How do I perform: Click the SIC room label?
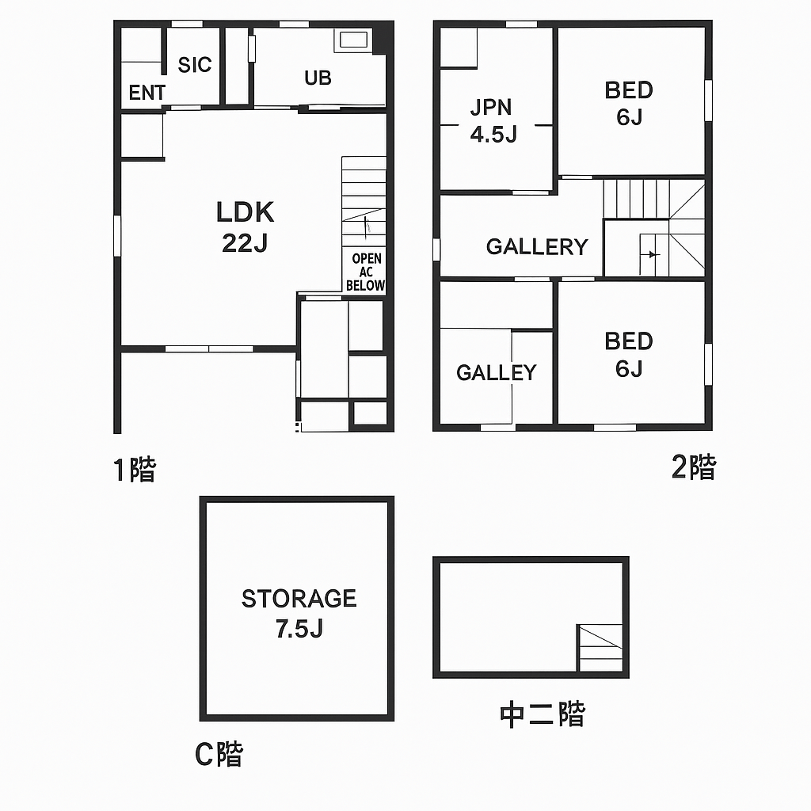[x=195, y=65]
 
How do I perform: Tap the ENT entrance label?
[x=147, y=93]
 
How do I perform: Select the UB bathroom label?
[x=318, y=78]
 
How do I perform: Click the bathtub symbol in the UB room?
[x=352, y=40]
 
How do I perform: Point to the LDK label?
[x=245, y=212]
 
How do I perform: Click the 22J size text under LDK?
[x=245, y=242]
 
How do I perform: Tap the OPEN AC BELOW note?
[x=366, y=272]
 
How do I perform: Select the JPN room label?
[x=491, y=107]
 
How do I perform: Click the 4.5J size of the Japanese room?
[x=493, y=134]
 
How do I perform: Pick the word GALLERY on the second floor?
[x=537, y=247]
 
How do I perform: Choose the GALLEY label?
[x=497, y=372]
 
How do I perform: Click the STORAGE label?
[x=299, y=599]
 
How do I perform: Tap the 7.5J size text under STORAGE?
[x=299, y=629]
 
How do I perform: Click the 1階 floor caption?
[x=135, y=470]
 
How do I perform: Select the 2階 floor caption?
[x=694, y=466]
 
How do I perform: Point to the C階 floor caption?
[x=219, y=754]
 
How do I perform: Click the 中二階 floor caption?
[x=543, y=715]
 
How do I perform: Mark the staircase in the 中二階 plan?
[x=600, y=648]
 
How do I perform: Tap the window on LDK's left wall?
[x=117, y=236]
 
